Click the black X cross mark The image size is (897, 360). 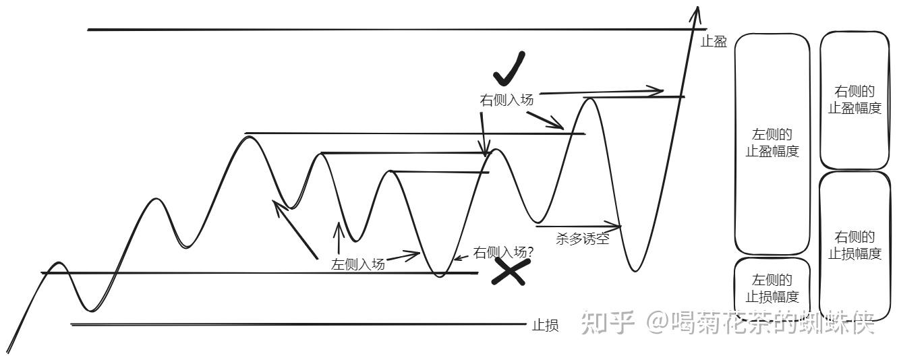tap(509, 270)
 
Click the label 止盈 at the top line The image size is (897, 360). tap(714, 42)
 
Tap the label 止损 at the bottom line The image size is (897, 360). tap(545, 326)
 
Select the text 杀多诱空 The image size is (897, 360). tap(583, 239)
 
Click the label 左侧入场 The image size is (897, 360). tap(358, 264)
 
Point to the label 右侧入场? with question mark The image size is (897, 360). tap(504, 252)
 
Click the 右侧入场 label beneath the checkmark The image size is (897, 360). tap(507, 100)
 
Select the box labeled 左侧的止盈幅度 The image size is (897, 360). tap(772, 144)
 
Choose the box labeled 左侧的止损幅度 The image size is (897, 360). tap(772, 289)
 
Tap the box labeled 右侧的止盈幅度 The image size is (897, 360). tap(855, 100)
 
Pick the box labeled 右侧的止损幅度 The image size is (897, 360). tap(855, 245)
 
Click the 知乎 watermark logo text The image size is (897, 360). tap(608, 324)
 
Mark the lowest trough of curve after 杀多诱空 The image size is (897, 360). tap(634, 270)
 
